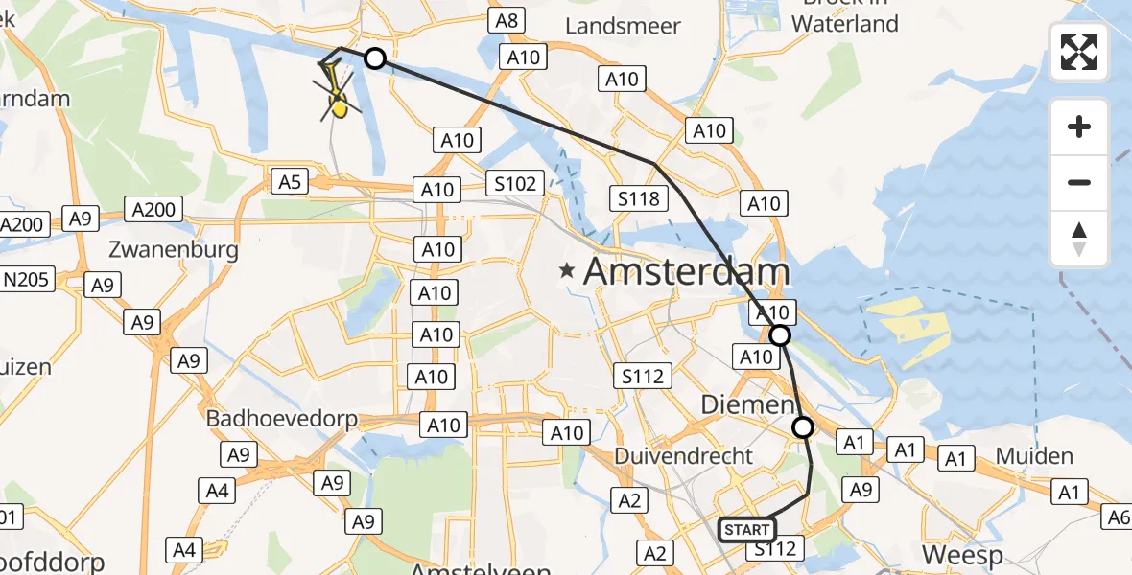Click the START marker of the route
click(x=746, y=529)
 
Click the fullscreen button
click(x=1079, y=51)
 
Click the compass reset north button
click(x=1079, y=239)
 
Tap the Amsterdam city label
click(x=686, y=271)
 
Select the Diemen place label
click(x=748, y=405)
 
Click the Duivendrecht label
click(x=684, y=456)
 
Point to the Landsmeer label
click(x=623, y=26)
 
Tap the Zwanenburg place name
click(x=174, y=250)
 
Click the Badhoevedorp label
click(x=282, y=419)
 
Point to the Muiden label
click(x=1033, y=455)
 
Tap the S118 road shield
click(x=639, y=198)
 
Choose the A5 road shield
click(x=290, y=180)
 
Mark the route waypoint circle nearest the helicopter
click(x=375, y=58)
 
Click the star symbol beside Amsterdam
click(x=569, y=272)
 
